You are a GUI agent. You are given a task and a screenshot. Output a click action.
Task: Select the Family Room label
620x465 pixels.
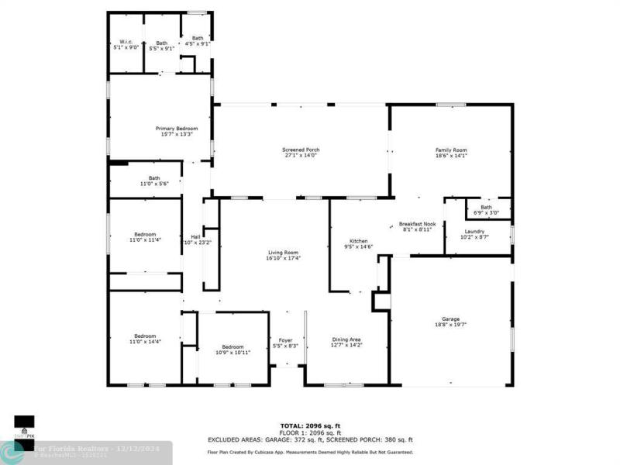450,150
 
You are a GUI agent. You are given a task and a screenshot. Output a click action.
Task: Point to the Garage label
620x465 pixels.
450,319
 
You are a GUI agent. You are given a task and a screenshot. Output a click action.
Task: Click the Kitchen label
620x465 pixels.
358,241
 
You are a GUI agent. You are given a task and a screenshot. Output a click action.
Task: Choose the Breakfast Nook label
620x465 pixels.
417,224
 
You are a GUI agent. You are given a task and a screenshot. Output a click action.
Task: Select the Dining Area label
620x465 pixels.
346,339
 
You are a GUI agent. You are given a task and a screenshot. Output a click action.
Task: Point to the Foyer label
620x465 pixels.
287,339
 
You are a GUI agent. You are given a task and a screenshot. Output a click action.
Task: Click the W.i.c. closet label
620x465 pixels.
127,43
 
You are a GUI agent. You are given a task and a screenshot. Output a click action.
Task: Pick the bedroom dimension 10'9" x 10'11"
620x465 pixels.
232,353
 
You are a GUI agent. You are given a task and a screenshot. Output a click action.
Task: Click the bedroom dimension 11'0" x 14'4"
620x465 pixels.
145,342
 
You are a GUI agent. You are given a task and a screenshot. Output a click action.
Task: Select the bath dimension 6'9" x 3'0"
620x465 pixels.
486,212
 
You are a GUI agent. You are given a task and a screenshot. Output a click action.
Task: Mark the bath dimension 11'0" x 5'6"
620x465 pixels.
155,183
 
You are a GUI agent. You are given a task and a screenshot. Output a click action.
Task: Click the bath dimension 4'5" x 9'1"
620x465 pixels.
198,43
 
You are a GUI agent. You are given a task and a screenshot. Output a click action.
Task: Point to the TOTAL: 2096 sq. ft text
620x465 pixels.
310,426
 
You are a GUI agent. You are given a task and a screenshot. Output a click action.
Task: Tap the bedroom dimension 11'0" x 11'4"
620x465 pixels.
145,239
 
